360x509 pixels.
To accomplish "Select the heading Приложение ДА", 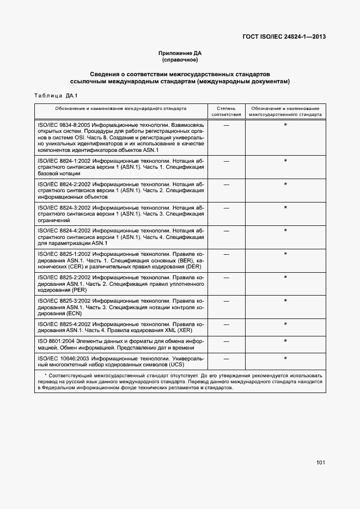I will pyautogui.click(x=180, y=53).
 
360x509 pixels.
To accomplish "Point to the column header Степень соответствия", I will pyautogui.click(x=226, y=112).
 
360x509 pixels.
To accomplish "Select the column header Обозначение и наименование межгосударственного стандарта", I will pyautogui.click(x=285, y=112).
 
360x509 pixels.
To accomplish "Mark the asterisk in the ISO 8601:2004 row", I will pyautogui.click(x=285, y=341).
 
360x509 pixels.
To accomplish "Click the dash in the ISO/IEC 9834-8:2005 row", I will pyautogui.click(x=226, y=126).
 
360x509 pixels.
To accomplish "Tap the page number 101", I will pyautogui.click(x=320, y=463).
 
